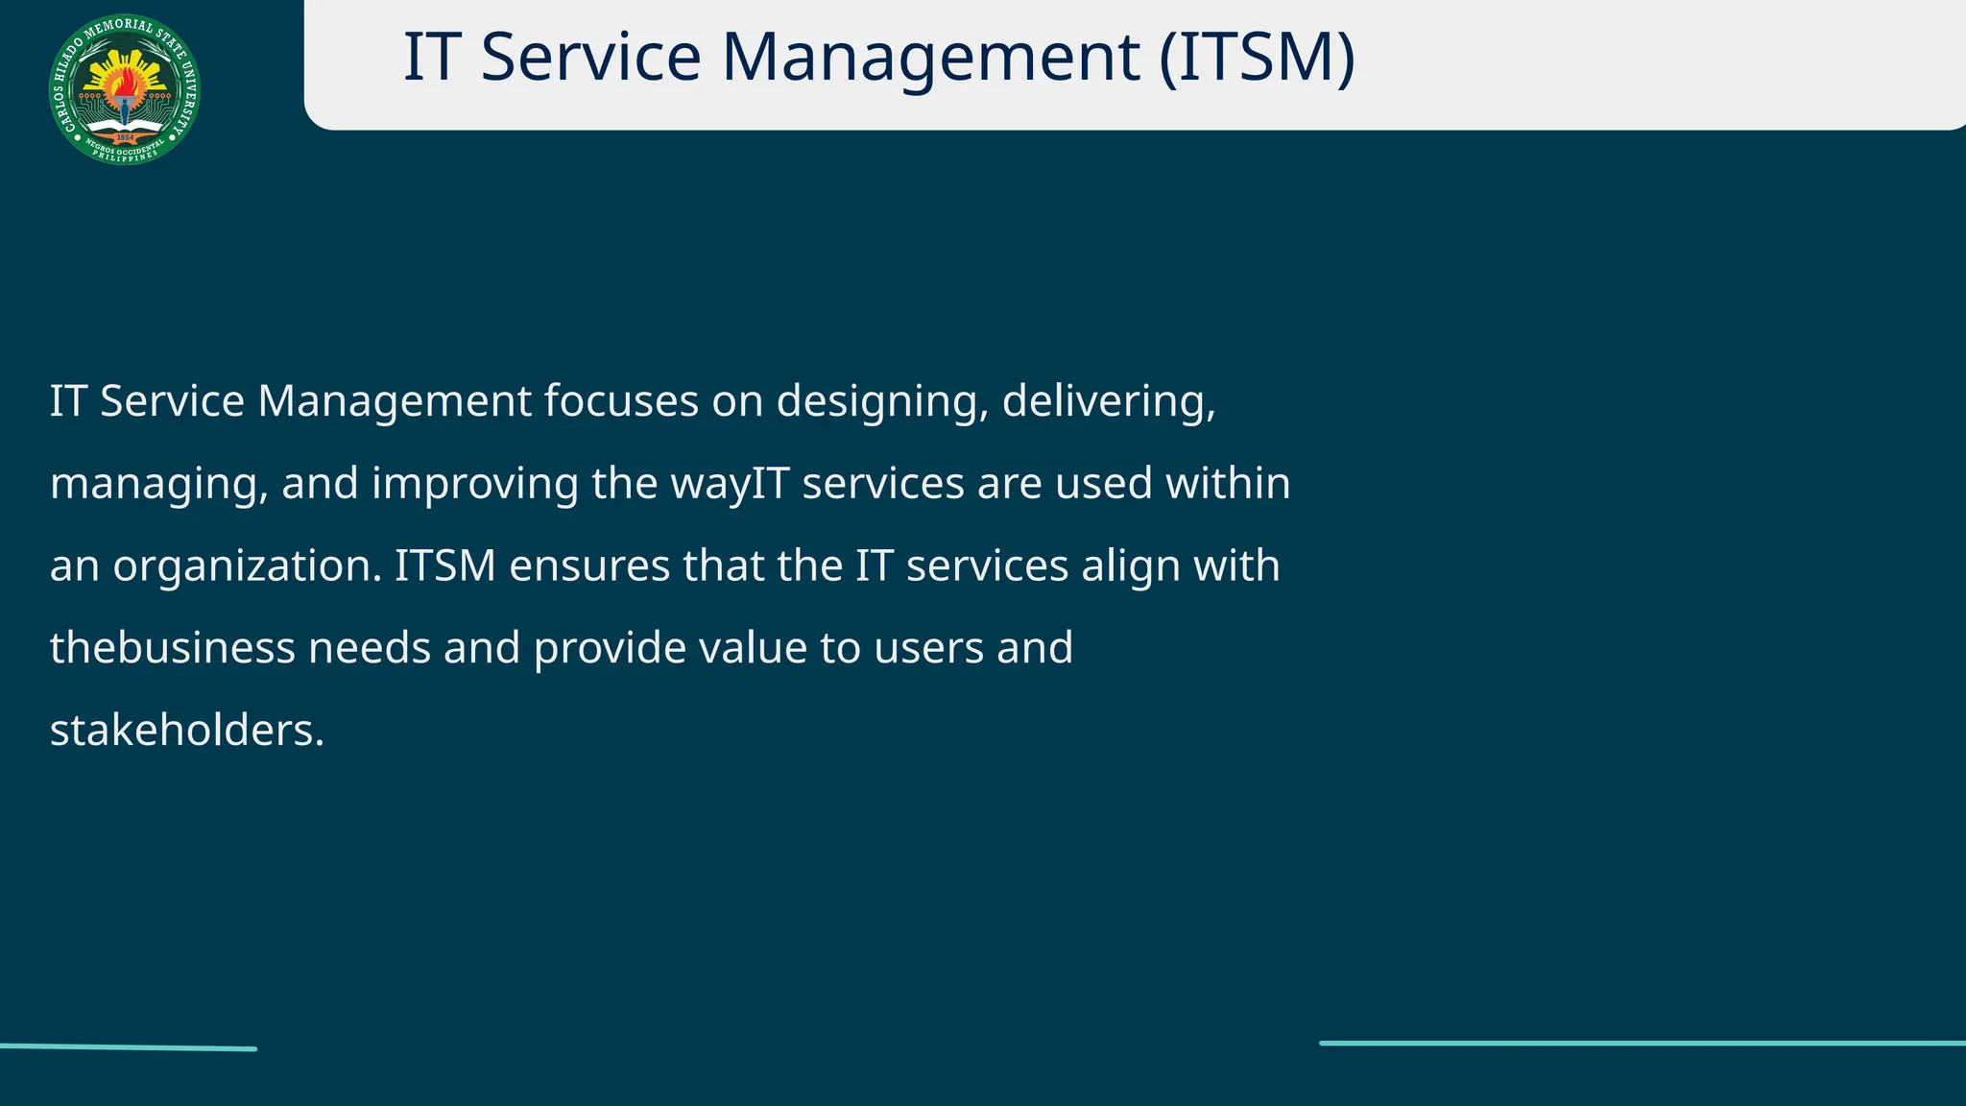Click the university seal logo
click(125, 89)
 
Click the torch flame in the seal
click(124, 85)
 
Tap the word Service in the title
click(590, 58)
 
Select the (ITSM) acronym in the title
click(1257, 58)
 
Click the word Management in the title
click(930, 58)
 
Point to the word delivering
click(1109, 401)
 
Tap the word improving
click(474, 484)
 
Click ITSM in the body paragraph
click(444, 566)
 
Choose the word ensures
click(588, 566)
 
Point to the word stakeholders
click(186, 731)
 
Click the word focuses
click(620, 401)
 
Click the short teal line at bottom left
click(128, 1047)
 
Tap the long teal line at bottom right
click(1642, 1043)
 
